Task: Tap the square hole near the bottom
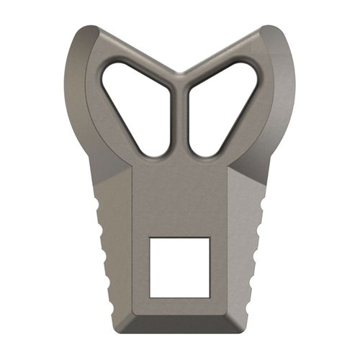[179, 266]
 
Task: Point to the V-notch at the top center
[180, 73]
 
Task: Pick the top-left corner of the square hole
[150, 237]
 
